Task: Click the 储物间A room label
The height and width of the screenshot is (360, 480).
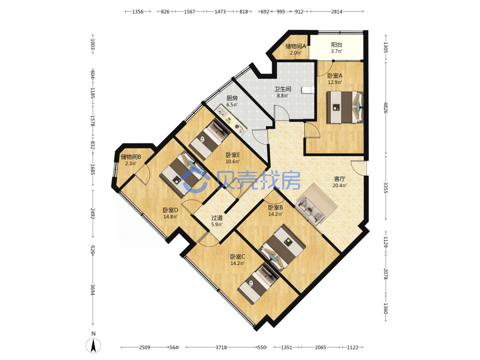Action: tap(295, 46)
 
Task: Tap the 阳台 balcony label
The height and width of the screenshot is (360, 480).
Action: tap(336, 45)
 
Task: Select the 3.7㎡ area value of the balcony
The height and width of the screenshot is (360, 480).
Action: tap(336, 51)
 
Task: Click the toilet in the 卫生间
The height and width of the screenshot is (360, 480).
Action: tap(308, 90)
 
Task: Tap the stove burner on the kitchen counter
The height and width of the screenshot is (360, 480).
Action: tap(239, 127)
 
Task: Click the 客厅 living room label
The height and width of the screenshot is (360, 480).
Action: tap(339, 179)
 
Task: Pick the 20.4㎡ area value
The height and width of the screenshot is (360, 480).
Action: tap(339, 185)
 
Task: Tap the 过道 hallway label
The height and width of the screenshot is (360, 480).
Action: tap(217, 217)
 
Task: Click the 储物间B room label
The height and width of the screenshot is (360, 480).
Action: tap(131, 157)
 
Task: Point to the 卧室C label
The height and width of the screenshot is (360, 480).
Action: tap(238, 256)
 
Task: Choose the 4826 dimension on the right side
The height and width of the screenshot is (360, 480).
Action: tap(385, 108)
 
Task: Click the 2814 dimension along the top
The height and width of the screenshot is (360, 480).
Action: tap(337, 12)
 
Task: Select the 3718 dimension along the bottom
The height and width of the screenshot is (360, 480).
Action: tap(221, 348)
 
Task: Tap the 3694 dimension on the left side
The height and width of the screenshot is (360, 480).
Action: tap(93, 289)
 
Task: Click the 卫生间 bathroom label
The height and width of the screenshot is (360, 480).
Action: tap(283, 89)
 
